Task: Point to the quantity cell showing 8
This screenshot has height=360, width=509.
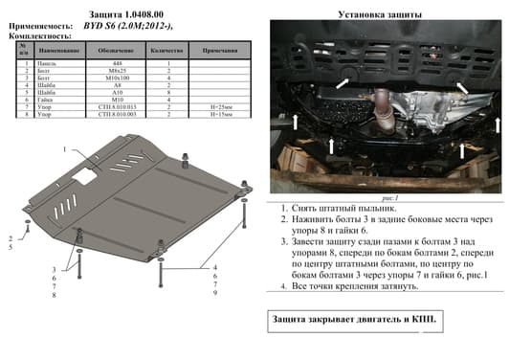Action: coord(168,92)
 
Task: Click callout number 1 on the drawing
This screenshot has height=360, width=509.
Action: coord(66,150)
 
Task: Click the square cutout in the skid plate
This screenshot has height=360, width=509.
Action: coord(87,177)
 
